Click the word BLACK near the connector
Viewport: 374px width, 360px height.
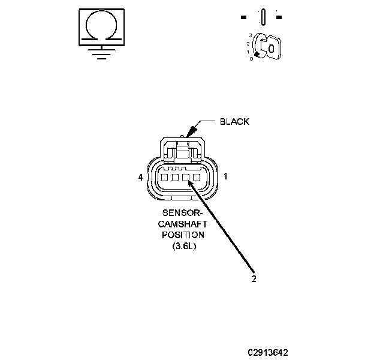[234, 122]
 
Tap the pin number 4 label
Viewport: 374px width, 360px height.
[140, 178]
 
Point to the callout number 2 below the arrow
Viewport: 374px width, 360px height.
[254, 278]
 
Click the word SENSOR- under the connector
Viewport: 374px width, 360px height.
[183, 213]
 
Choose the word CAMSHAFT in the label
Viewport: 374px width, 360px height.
[183, 223]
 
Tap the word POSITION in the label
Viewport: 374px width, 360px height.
[183, 234]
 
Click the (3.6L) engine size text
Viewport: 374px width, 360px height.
[183, 245]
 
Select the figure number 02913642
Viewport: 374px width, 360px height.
[271, 352]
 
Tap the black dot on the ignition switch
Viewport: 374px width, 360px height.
[257, 55]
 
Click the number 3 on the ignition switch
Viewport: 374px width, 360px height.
[250, 36]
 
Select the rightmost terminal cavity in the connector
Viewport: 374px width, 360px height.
[197, 178]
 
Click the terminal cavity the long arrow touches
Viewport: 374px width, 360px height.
[187, 178]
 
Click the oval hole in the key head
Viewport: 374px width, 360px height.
[271, 49]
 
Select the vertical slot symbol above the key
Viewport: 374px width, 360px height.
[261, 17]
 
